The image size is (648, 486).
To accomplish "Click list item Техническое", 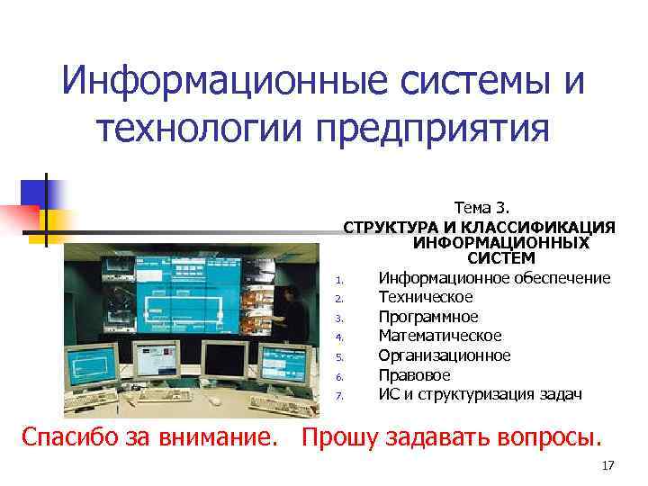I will coord(426,297).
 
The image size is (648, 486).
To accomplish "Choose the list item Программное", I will coord(428,317).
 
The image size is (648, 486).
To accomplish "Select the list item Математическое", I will coord(440,336).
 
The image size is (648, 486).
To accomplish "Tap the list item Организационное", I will coord(445,355).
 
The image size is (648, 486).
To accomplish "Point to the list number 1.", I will coord(339,279).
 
